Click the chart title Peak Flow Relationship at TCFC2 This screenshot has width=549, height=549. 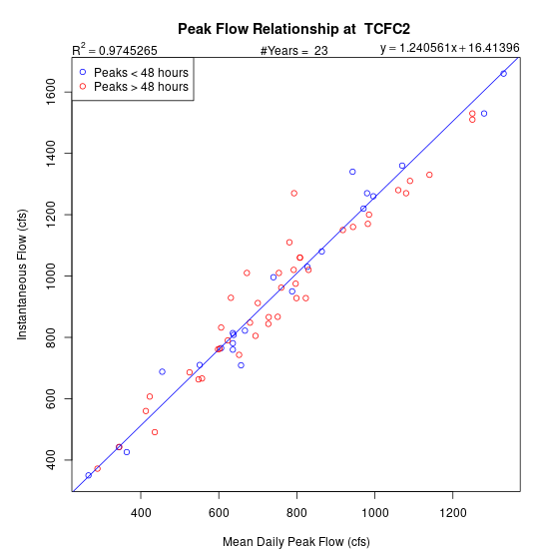pyautogui.click(x=293, y=29)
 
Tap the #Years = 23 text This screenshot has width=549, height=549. pyautogui.click(x=294, y=51)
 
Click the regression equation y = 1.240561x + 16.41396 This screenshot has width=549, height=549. pyautogui.click(x=450, y=48)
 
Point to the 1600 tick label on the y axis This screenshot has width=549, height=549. pyautogui.click(x=51, y=92)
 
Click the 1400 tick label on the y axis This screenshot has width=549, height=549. pyautogui.click(x=51, y=153)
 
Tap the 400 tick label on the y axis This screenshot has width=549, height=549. pyautogui.click(x=51, y=460)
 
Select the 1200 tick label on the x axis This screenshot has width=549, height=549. pyautogui.click(x=453, y=513)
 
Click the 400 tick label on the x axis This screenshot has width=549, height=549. pyautogui.click(x=141, y=513)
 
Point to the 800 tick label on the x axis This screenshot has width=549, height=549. pyautogui.click(x=296, y=513)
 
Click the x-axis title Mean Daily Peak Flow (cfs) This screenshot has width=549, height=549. pyautogui.click(x=296, y=541)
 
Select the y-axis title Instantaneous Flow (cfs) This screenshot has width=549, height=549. pyautogui.click(x=22, y=274)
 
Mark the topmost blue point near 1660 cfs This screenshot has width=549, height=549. pyautogui.click(x=503, y=74)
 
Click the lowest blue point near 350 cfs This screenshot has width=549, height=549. pyautogui.click(x=89, y=475)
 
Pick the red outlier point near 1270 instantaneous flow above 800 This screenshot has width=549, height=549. pyautogui.click(x=294, y=194)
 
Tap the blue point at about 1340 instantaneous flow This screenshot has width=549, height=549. pyautogui.click(x=352, y=172)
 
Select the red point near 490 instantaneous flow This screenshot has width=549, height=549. pyautogui.click(x=155, y=432)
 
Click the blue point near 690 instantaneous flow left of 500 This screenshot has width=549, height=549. pyautogui.click(x=162, y=371)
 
